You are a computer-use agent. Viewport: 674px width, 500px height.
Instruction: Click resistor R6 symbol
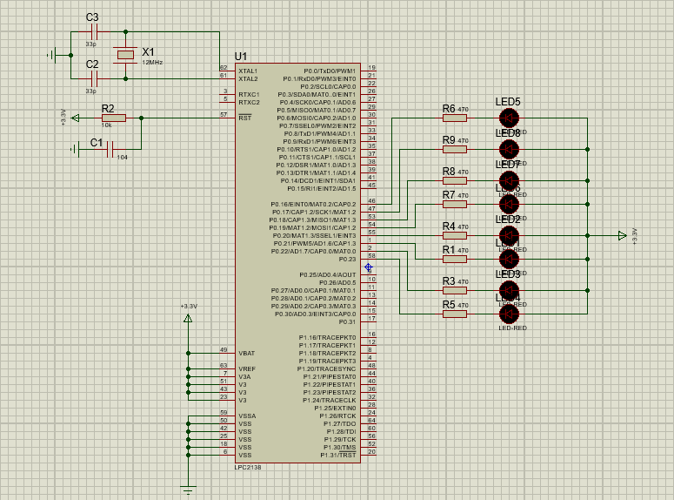click(455, 118)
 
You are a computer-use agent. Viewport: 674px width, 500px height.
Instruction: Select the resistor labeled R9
click(455, 149)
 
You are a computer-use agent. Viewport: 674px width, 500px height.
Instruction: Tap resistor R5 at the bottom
click(455, 314)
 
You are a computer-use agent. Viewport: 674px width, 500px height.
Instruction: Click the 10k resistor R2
click(113, 118)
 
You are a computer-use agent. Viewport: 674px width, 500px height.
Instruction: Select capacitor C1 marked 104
click(110, 149)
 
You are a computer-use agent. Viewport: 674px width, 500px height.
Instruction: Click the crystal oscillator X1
click(126, 55)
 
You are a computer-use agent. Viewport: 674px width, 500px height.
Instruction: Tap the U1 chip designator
click(241, 57)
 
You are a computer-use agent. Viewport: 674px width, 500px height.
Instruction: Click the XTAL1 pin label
click(248, 71)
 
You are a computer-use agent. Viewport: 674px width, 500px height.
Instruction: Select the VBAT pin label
click(247, 353)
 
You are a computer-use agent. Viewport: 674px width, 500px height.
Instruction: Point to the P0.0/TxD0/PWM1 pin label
click(330, 71)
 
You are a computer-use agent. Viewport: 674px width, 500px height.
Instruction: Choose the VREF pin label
click(247, 368)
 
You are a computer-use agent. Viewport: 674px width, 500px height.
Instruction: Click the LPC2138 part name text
click(248, 468)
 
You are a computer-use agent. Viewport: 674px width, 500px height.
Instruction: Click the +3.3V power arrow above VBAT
click(188, 318)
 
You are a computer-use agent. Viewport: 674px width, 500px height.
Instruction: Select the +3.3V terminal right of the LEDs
click(621, 235)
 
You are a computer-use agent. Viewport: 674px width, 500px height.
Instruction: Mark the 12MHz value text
click(152, 63)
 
